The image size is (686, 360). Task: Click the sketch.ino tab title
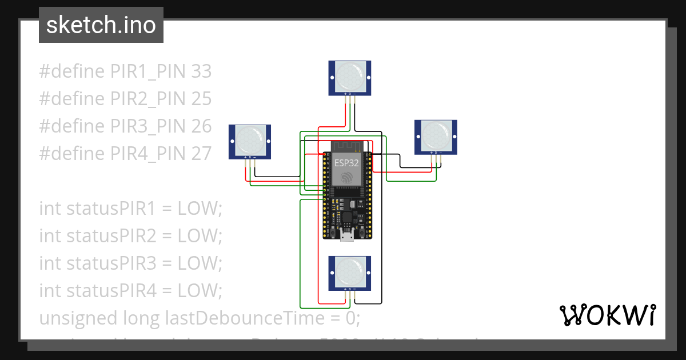(x=101, y=25)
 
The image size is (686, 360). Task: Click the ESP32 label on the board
(x=347, y=162)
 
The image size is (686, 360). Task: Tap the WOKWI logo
(x=607, y=315)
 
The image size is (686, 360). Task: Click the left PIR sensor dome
(x=249, y=139)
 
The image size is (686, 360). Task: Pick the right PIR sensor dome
(x=436, y=135)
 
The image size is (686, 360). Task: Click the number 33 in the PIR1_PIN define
(x=201, y=71)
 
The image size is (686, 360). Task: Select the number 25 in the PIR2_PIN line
(x=201, y=99)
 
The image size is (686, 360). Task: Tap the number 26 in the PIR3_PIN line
(x=201, y=126)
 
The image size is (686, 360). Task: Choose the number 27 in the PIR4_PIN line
(x=201, y=154)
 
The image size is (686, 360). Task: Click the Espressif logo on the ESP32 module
(x=347, y=178)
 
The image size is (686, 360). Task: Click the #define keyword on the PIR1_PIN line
(x=72, y=71)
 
